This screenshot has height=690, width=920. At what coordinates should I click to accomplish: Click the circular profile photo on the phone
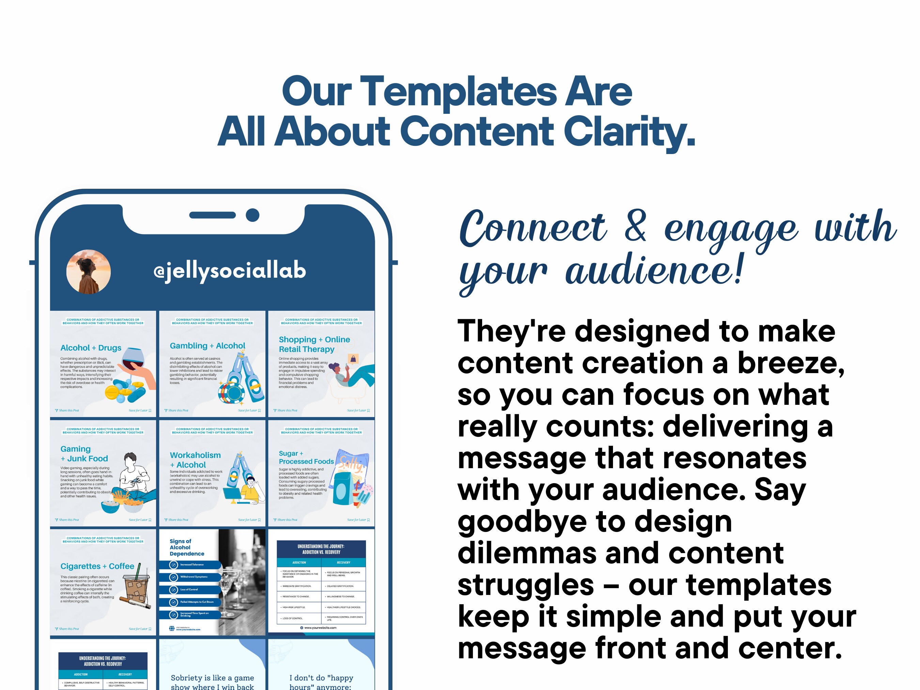point(89,272)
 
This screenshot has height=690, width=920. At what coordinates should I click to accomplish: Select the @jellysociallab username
point(230,271)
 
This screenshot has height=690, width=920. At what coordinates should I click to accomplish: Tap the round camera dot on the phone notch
point(252,215)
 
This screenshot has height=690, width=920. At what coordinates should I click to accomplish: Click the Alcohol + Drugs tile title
point(91,348)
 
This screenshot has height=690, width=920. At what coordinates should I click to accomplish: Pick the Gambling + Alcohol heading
point(207,346)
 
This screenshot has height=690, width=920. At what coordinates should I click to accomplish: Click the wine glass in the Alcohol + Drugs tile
point(131,358)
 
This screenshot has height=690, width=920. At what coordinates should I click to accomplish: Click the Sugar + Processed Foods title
point(306,457)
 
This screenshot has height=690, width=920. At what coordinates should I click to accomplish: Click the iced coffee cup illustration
point(136,585)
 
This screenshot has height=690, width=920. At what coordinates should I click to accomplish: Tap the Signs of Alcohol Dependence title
point(187,547)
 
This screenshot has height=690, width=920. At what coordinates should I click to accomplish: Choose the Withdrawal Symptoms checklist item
point(194,577)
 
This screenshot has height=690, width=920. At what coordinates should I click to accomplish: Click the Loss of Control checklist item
point(189,589)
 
